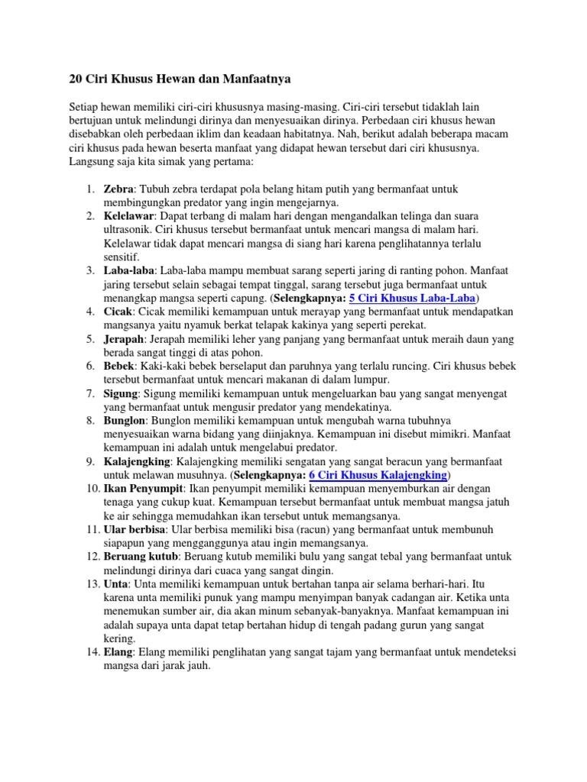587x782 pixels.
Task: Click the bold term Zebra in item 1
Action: pyautogui.click(x=118, y=189)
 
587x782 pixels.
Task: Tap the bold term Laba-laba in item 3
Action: pyautogui.click(x=128, y=270)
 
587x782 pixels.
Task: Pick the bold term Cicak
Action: pyautogui.click(x=118, y=312)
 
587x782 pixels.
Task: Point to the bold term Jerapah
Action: pyautogui.click(x=122, y=339)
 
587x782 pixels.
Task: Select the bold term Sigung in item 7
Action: pyautogui.click(x=121, y=393)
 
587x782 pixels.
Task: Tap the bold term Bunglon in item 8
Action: pyautogui.click(x=124, y=421)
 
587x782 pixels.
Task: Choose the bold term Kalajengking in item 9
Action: pyautogui.click(x=138, y=462)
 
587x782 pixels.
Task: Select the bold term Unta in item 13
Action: pyautogui.click(x=116, y=584)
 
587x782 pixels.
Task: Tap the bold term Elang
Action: pyautogui.click(x=118, y=652)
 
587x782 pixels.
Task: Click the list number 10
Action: pyautogui.click(x=92, y=489)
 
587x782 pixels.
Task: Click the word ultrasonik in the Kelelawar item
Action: pyautogui.click(x=128, y=229)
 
